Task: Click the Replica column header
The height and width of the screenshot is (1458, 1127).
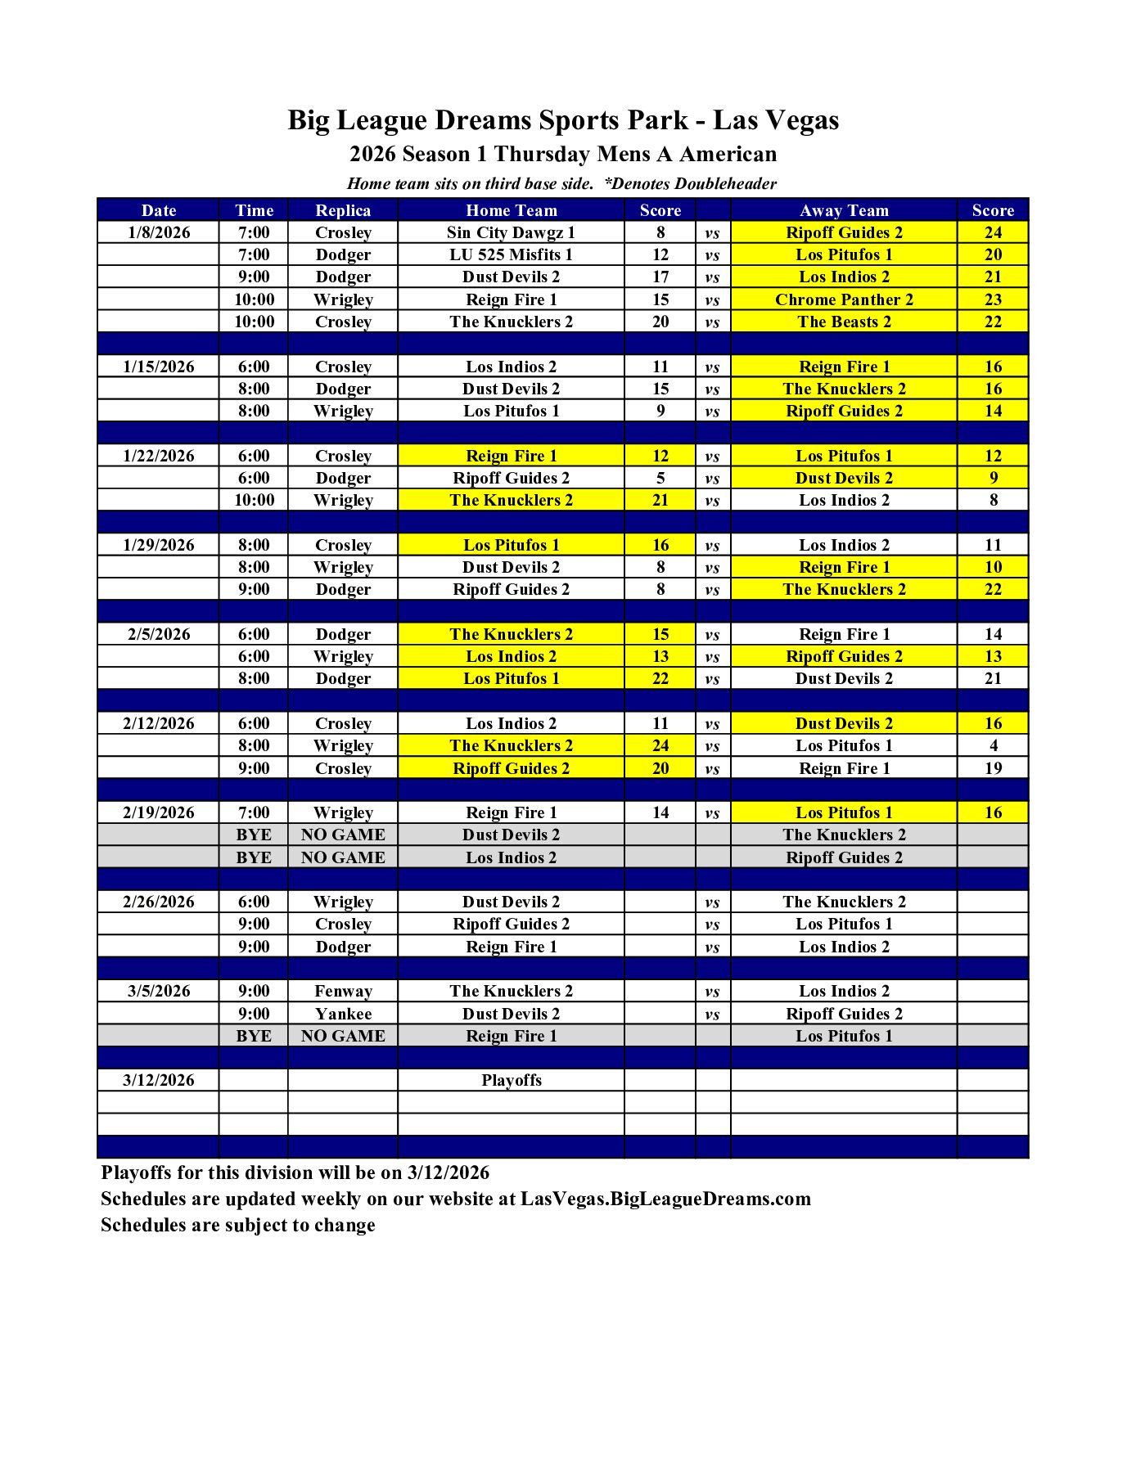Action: (343, 210)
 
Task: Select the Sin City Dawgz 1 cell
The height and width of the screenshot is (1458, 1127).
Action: (511, 232)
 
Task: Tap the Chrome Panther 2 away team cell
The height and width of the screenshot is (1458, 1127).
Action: (844, 299)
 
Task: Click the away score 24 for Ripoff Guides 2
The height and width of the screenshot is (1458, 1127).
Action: (993, 232)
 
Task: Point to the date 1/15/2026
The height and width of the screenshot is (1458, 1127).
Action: (159, 367)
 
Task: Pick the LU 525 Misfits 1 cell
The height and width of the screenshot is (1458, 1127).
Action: (511, 254)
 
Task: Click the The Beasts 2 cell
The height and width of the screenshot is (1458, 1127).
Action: (844, 322)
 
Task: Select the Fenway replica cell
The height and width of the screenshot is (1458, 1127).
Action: (343, 991)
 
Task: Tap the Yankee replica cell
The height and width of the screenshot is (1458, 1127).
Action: (343, 1014)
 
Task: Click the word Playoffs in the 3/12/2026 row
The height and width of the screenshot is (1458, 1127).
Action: (512, 1080)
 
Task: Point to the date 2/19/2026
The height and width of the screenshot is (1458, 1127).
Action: (159, 812)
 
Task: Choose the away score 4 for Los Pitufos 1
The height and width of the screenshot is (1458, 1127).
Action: (993, 745)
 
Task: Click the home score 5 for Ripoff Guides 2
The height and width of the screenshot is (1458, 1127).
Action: (660, 478)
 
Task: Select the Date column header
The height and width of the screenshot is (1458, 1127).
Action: (159, 210)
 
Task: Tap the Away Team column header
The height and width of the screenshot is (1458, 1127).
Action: (844, 210)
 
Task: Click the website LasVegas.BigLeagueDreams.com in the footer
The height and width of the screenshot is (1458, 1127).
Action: (665, 1199)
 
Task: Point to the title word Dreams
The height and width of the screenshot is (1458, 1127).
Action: (482, 120)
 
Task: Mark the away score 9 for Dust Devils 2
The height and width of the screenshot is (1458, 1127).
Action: (993, 478)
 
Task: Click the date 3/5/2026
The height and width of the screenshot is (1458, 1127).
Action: (159, 991)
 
